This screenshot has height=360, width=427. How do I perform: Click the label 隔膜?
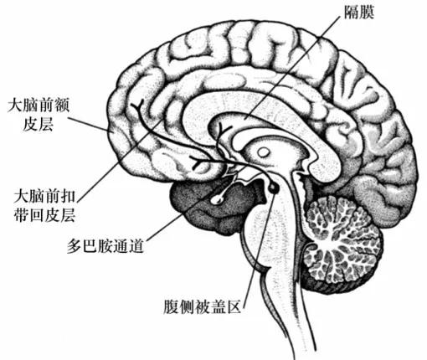click(359, 13)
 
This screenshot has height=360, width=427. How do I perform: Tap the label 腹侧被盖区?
click(202, 307)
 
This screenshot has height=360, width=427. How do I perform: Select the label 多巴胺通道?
click(105, 245)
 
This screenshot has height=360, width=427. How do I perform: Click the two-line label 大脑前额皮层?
click(39, 115)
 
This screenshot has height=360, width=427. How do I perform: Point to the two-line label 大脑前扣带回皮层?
click(44, 205)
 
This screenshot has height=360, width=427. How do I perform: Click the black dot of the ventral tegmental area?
click(273, 188)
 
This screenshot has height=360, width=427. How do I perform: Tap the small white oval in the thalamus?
click(263, 152)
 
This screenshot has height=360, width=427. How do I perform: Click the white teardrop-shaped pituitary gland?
click(218, 198)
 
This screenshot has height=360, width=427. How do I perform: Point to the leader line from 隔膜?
click(294, 67)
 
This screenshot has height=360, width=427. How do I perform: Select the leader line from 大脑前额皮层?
click(89, 124)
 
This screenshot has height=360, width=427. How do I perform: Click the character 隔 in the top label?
click(351, 13)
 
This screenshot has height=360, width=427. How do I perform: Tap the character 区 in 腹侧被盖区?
click(234, 307)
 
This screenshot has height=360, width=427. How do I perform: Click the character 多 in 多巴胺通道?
click(75, 245)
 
